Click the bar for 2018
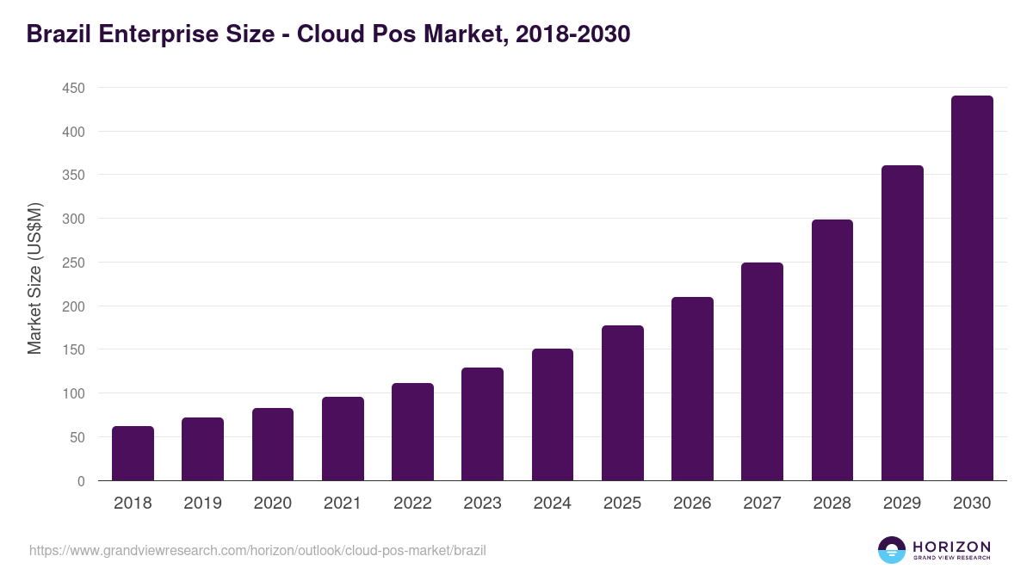pyautogui.click(x=133, y=454)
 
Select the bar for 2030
pyautogui.click(x=972, y=288)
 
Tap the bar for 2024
pyautogui.click(x=553, y=415)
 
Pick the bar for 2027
pyautogui.click(x=762, y=372)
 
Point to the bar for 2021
pyautogui.click(x=343, y=439)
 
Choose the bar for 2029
pyautogui.click(x=902, y=323)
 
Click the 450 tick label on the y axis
pyautogui.click(x=73, y=88)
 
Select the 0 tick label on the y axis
pyautogui.click(x=81, y=481)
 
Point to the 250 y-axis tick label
pyautogui.click(x=73, y=263)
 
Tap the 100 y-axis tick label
pyautogui.click(x=73, y=393)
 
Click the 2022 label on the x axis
pyautogui.click(x=412, y=504)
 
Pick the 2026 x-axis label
pyautogui.click(x=692, y=504)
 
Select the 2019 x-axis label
pyautogui.click(x=202, y=504)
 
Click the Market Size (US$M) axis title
pyautogui.click(x=34, y=279)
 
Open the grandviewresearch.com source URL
pyautogui.click(x=257, y=550)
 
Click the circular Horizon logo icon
pyautogui.click(x=892, y=550)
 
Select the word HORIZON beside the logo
pyautogui.click(x=951, y=546)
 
